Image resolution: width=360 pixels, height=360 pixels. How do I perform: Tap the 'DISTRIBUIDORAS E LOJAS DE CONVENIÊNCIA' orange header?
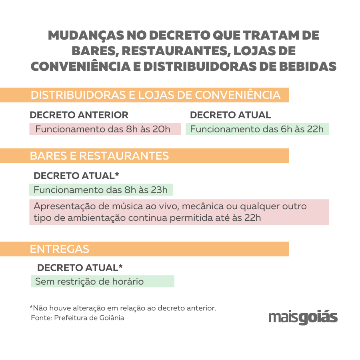156,95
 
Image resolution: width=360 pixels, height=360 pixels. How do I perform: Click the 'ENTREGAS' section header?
60,249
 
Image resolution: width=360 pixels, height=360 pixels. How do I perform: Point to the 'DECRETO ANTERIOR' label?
79,115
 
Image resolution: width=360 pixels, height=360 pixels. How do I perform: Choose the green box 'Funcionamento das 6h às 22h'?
257,129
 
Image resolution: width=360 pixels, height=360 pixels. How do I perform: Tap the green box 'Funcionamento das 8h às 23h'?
101,190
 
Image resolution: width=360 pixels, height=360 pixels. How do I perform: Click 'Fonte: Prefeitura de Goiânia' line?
78,318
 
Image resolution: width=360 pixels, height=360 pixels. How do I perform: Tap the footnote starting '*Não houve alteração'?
123,308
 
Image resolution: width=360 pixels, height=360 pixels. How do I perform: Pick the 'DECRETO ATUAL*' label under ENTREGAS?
80,268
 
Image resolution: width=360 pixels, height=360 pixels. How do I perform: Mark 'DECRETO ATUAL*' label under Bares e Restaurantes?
77,176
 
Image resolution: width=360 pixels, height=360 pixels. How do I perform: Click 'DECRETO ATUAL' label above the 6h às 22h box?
230,115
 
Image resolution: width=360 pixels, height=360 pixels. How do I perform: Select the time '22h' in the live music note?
252,218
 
